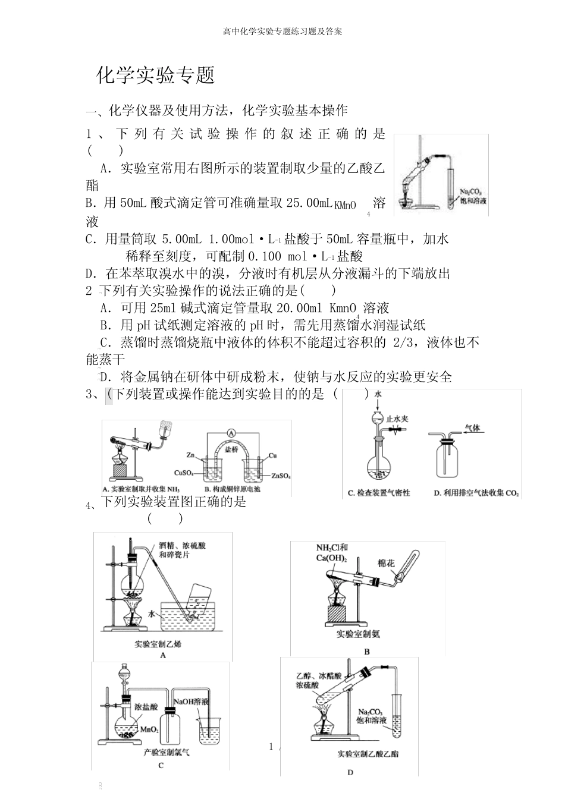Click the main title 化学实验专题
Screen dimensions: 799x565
[x=155, y=75]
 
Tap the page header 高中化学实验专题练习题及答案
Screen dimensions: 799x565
[x=282, y=32]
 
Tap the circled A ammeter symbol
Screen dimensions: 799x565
[x=232, y=432]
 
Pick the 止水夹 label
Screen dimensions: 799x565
[x=397, y=419]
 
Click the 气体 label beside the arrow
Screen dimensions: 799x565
[x=472, y=427]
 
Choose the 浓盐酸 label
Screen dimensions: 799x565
[x=146, y=707]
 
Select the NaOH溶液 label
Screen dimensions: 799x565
[x=191, y=702]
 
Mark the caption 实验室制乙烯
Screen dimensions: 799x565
[x=158, y=644]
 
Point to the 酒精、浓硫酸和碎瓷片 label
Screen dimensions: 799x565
[x=182, y=550]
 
